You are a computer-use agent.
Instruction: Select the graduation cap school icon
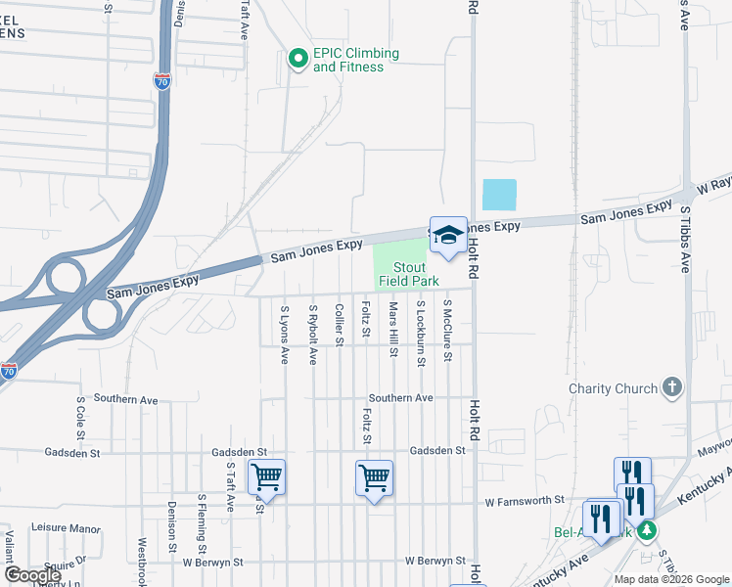click(x=448, y=236)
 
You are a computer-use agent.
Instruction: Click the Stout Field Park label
click(x=409, y=274)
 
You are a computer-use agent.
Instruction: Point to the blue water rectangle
click(x=499, y=195)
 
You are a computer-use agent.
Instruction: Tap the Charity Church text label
click(x=614, y=388)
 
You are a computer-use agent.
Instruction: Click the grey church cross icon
click(x=671, y=387)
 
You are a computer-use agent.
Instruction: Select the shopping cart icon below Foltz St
click(x=374, y=477)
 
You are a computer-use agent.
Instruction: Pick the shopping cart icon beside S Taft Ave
click(x=266, y=477)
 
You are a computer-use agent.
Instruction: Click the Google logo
click(x=32, y=575)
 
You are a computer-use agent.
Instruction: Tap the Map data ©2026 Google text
click(x=670, y=579)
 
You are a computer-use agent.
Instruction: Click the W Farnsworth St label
click(x=526, y=500)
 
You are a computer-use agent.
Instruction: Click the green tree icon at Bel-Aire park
click(x=645, y=531)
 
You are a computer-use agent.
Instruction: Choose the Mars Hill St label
click(x=393, y=329)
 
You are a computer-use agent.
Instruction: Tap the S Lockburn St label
click(x=421, y=334)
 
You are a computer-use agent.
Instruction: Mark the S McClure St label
click(x=447, y=331)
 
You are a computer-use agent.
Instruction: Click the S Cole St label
click(x=81, y=419)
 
